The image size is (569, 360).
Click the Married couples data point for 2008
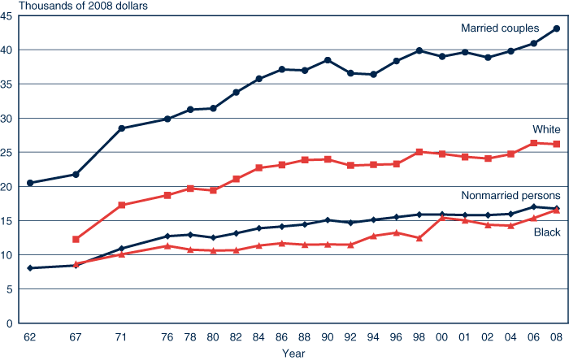pos(557,28)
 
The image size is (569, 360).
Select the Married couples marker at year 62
pos(30,183)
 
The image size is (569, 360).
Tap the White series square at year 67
pos(76,239)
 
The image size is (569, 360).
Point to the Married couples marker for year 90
pos(328,60)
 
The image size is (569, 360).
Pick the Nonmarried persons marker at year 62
pos(30,268)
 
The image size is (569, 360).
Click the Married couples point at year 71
pos(122,128)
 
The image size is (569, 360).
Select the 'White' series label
pos(546,130)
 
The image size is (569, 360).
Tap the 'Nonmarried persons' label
pos(510,196)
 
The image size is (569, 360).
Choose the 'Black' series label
pos(546,233)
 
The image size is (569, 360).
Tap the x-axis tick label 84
pos(259,338)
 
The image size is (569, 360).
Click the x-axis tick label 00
pos(442,338)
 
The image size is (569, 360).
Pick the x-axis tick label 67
pos(76,338)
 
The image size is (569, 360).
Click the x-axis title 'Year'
pos(293,353)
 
